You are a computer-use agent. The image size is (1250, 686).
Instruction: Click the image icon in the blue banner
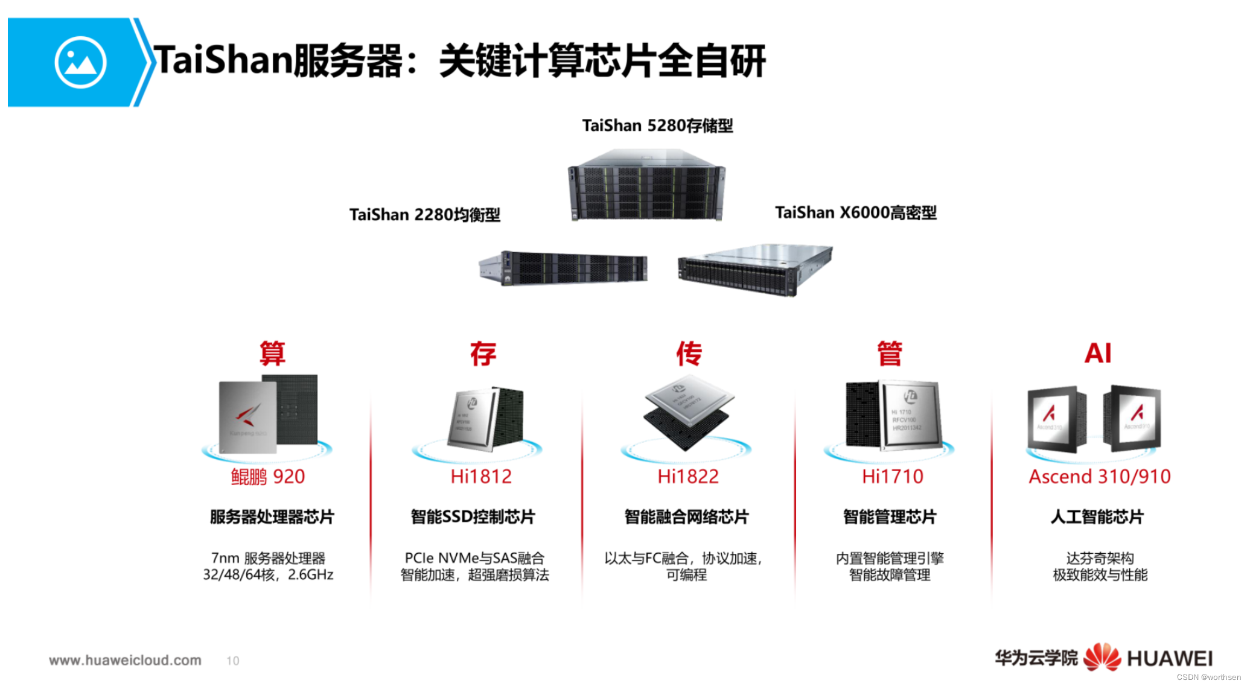[x=80, y=63]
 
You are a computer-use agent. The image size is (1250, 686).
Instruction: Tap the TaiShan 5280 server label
[x=657, y=125]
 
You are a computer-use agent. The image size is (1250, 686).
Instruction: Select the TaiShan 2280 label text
[x=424, y=215]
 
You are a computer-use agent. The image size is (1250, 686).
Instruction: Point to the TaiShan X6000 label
[x=855, y=213]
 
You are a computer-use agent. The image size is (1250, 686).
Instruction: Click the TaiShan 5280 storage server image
[x=646, y=186]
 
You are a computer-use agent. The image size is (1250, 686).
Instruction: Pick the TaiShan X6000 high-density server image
[x=755, y=270]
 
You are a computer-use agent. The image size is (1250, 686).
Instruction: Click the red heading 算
[x=272, y=354]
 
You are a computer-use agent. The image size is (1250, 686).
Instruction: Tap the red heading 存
[x=483, y=354]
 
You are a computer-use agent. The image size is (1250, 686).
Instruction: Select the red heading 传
[x=689, y=354]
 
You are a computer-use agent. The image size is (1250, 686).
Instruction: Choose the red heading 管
[x=890, y=354]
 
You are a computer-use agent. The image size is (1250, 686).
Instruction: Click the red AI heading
[x=1098, y=354]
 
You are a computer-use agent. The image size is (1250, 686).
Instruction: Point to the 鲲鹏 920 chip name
[x=268, y=477]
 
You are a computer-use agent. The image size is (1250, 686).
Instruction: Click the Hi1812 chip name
[x=481, y=477]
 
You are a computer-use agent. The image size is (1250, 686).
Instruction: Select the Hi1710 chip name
[x=893, y=477]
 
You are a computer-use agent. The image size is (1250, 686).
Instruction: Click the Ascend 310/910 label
[x=1100, y=477]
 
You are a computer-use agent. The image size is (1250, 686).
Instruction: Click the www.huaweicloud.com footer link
[x=125, y=660]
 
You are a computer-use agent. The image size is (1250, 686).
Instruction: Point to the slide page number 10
[x=233, y=661]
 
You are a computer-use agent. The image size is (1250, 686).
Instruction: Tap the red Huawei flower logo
[x=1102, y=657]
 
